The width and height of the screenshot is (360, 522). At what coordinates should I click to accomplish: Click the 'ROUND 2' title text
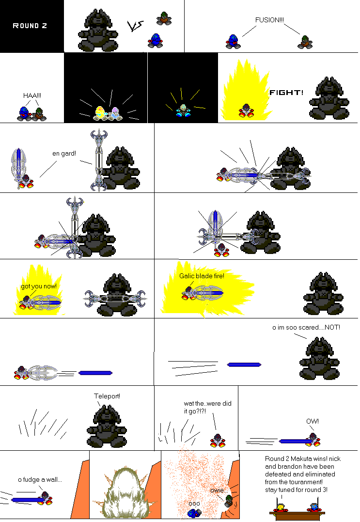[x=30, y=26]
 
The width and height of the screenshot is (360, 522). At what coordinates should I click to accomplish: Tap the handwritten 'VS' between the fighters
[x=135, y=26]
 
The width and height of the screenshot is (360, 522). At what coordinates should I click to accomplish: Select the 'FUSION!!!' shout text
[x=269, y=20]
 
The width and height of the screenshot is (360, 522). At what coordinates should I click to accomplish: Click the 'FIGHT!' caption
[x=286, y=93]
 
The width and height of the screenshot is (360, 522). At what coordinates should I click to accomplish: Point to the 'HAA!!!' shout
[x=32, y=95]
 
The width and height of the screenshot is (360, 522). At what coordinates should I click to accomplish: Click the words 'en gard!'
[x=64, y=154]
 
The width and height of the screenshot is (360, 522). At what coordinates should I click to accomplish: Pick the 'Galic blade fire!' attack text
[x=202, y=276]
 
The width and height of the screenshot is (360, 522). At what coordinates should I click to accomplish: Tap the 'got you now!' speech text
[x=39, y=286]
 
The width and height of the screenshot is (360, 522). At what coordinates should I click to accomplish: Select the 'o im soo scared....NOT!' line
[x=306, y=327]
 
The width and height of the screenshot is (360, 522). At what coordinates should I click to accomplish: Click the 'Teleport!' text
[x=107, y=396]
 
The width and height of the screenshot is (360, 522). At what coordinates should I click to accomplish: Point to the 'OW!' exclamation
[x=313, y=421]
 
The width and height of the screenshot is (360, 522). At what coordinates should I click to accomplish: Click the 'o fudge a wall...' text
[x=40, y=479]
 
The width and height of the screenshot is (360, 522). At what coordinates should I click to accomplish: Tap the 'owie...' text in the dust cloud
[x=219, y=490]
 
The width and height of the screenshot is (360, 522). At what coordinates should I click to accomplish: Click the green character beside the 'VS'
[x=164, y=18]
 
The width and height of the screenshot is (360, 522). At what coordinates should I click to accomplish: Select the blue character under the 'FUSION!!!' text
[x=233, y=42]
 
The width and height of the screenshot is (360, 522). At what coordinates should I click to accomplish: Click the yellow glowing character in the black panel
[x=100, y=113]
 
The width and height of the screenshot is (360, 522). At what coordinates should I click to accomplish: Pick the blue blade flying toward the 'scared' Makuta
[x=244, y=365]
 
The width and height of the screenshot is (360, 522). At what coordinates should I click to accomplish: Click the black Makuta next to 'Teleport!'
[x=107, y=427]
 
